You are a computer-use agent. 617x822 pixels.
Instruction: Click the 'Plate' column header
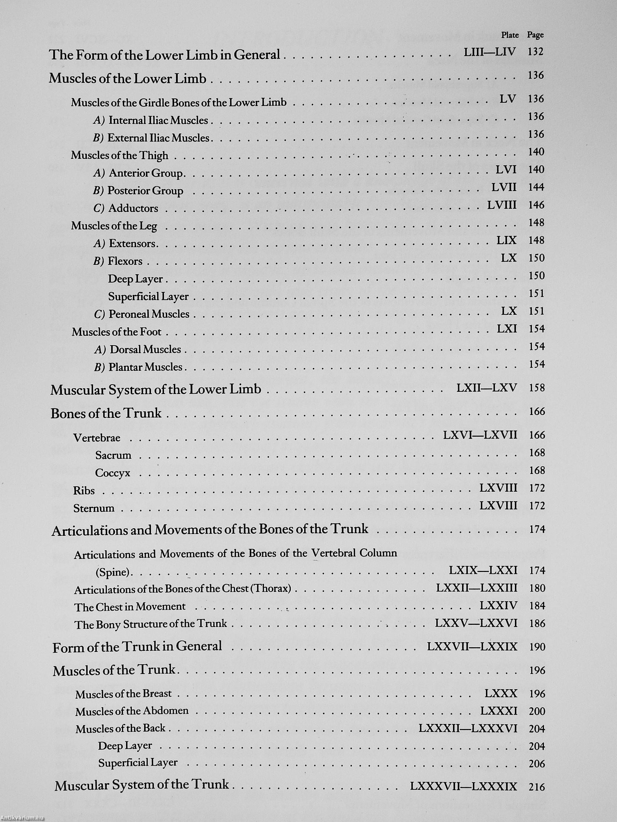509,35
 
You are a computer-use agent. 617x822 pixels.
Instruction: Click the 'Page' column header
535,35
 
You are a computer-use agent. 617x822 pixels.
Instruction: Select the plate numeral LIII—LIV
490,52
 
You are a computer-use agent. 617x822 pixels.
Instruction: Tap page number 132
536,52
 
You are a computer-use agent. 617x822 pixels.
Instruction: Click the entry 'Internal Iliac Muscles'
158,120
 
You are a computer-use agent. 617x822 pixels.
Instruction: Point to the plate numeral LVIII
502,205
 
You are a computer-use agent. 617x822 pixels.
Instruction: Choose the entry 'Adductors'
133,208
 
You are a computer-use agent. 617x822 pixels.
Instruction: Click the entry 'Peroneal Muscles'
149,314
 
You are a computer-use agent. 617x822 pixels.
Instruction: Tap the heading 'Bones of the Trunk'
106,413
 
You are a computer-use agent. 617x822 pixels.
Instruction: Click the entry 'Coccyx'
113,473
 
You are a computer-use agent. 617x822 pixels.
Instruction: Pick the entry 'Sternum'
94,508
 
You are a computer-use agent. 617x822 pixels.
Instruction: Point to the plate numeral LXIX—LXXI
483,570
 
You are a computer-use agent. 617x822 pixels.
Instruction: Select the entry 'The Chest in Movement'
130,607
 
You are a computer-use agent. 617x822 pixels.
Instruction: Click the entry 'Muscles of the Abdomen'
132,711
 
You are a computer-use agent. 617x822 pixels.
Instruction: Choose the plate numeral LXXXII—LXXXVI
468,728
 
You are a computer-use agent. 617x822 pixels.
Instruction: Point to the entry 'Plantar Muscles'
146,367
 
